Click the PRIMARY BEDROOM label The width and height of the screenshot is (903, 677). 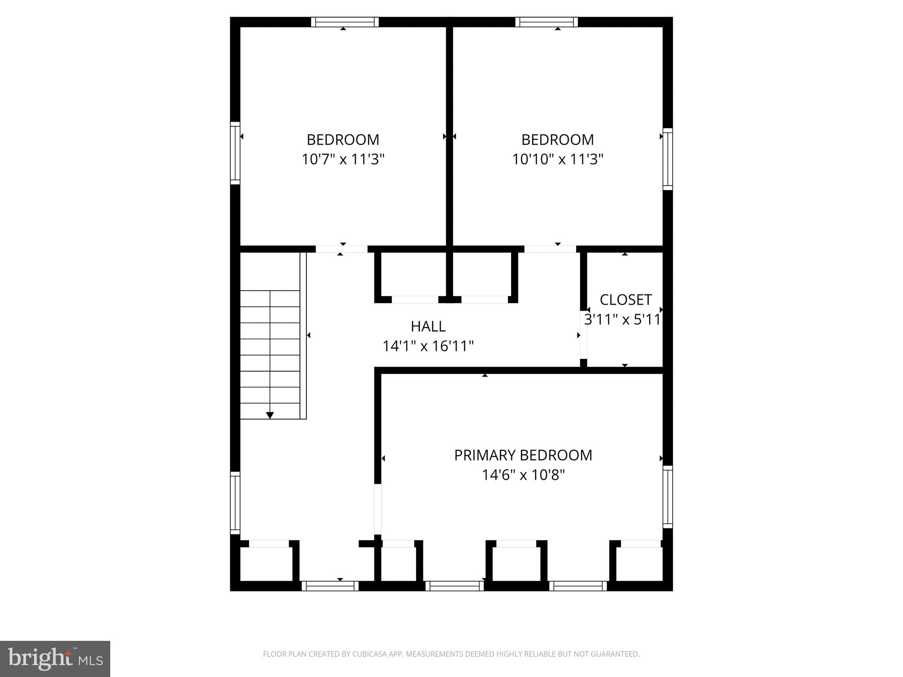click(x=523, y=455)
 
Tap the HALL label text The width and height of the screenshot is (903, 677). click(x=428, y=326)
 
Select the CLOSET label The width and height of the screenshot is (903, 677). click(x=625, y=300)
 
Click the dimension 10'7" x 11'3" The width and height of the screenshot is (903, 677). click(x=343, y=159)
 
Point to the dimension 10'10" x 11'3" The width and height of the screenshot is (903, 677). click(x=557, y=159)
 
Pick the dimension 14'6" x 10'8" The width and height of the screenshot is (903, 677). click(x=523, y=475)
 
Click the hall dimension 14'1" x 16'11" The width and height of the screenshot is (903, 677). click(x=428, y=346)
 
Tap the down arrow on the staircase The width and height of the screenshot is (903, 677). click(x=270, y=415)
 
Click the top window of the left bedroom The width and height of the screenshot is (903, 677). click(x=345, y=22)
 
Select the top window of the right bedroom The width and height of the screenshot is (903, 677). click(x=546, y=22)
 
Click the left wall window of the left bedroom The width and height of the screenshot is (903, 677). click(x=235, y=153)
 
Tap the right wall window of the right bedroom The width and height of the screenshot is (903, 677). click(x=668, y=159)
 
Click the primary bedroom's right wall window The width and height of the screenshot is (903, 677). click(x=668, y=497)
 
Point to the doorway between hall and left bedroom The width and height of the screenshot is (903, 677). click(x=342, y=249)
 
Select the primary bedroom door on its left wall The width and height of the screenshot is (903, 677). click(x=377, y=509)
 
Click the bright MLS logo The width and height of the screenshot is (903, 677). click(x=55, y=658)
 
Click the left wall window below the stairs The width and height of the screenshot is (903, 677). click(x=235, y=503)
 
